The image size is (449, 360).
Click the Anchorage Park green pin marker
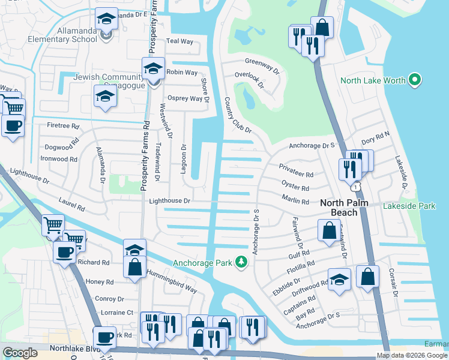[x=241, y=262]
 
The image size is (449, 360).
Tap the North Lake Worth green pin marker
[x=414, y=80]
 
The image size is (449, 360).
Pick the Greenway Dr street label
[x=262, y=65]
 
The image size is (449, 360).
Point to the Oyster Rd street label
[x=295, y=185]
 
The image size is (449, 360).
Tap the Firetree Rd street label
[x=63, y=127]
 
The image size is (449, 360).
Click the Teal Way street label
[x=179, y=41]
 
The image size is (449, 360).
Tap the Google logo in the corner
[x=20, y=353]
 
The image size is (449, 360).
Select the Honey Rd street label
[x=100, y=282]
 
